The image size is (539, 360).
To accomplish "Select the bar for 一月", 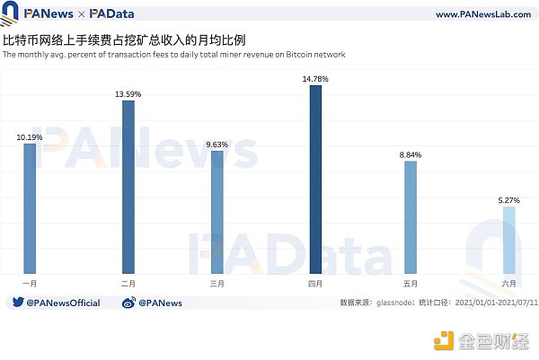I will (x=30, y=208).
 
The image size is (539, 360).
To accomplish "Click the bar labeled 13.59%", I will (x=128, y=187).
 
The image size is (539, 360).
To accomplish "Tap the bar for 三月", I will (x=216, y=212).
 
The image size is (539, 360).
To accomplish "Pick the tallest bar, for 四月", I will (x=315, y=180).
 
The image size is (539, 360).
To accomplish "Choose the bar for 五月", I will (x=411, y=217).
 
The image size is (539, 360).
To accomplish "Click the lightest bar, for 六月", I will (x=509, y=240).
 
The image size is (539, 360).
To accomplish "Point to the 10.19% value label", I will (x=30, y=136).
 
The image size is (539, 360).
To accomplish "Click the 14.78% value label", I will (x=315, y=79).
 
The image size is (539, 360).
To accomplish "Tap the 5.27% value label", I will (x=509, y=200).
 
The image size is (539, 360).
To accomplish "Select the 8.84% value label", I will (x=411, y=154).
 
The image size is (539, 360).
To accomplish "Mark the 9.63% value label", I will (x=216, y=145).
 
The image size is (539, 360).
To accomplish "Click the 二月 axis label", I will (x=128, y=283).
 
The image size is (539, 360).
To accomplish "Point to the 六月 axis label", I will (x=509, y=283).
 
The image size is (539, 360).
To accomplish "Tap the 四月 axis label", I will (x=315, y=283).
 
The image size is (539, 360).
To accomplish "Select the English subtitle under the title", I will (x=174, y=55).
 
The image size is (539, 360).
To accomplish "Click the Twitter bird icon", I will (x=17, y=303).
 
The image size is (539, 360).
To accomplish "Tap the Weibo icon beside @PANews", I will (x=129, y=303).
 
